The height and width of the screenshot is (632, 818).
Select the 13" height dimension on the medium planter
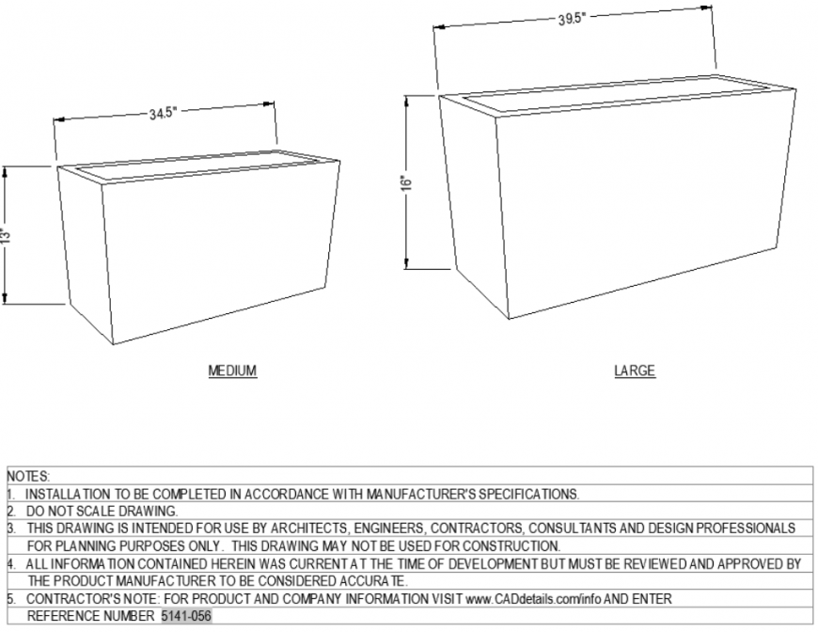(x=6, y=234)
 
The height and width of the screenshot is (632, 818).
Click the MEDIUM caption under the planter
(x=232, y=371)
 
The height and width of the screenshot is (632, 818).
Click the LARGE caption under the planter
(x=635, y=371)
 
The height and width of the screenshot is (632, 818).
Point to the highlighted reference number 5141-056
(x=186, y=616)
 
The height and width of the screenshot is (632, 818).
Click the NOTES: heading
(x=28, y=478)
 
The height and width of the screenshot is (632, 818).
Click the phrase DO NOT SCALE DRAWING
(x=102, y=511)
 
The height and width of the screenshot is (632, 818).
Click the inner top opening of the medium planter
(x=197, y=166)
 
